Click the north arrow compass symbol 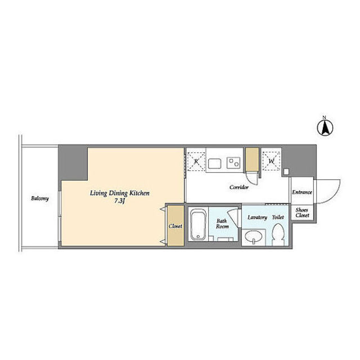[x=325, y=127]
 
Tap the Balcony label [x=40, y=199]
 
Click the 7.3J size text [x=119, y=201]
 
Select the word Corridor [x=239, y=187]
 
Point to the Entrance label [x=302, y=192]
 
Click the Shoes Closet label [x=302, y=213]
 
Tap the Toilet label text [x=278, y=217]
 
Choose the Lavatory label [x=257, y=218]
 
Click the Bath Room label [x=222, y=224]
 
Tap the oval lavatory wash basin [x=254, y=237]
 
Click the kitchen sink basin [x=215, y=164]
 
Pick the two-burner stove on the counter [x=234, y=163]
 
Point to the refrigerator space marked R [x=196, y=161]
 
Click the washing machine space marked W [x=271, y=161]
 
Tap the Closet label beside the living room [x=175, y=226]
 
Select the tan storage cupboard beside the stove [x=252, y=159]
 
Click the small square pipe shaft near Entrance [x=286, y=172]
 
